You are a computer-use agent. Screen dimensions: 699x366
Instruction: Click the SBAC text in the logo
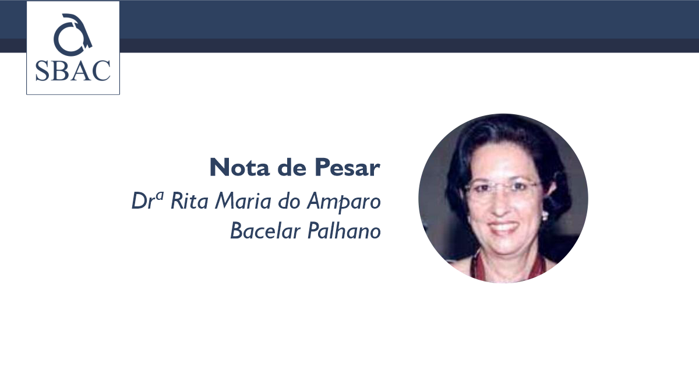tap(73, 71)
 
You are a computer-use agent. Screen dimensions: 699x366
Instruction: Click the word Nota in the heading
tap(239, 167)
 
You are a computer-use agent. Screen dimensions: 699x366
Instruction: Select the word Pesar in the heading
tap(347, 167)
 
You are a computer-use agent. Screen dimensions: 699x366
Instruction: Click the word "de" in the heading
tap(292, 167)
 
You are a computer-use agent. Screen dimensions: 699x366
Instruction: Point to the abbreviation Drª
tap(147, 200)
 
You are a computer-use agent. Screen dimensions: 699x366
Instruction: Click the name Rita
tap(189, 200)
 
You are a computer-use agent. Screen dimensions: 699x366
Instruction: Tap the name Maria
tap(243, 200)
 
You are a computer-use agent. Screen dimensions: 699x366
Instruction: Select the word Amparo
tap(344, 202)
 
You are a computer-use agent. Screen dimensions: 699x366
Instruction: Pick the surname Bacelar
tap(265, 230)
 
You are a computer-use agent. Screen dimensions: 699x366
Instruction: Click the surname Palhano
tap(344, 230)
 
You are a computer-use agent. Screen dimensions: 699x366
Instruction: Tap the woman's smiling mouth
tap(503, 227)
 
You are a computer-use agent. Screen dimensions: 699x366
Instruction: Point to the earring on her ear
tap(545, 215)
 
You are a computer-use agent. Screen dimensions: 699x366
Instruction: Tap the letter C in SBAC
tap(101, 71)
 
